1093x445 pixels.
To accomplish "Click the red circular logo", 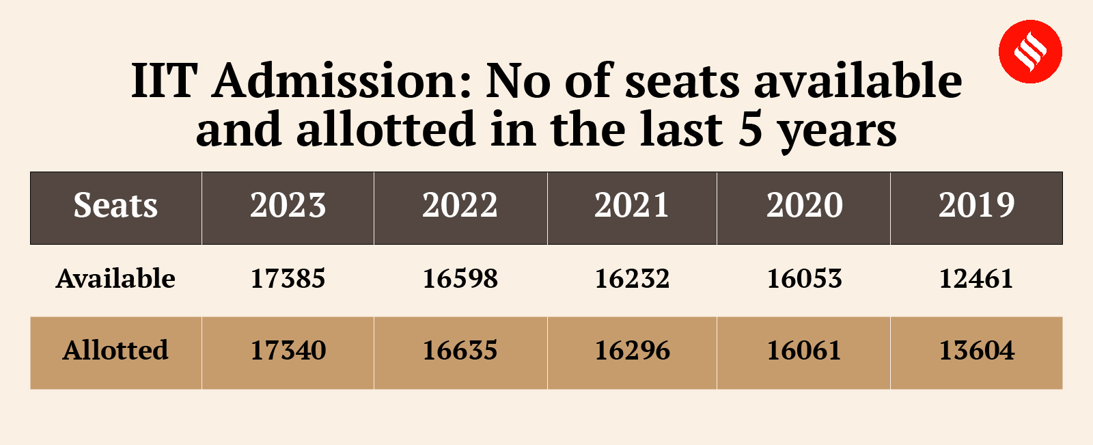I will pyautogui.click(x=1030, y=51).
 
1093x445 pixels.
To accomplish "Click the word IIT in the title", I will pyautogui.click(x=164, y=81).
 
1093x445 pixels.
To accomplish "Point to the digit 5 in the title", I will pyautogui.click(x=750, y=130).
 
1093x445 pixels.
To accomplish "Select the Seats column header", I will pyautogui.click(x=115, y=206).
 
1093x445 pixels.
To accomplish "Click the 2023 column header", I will pyautogui.click(x=288, y=206).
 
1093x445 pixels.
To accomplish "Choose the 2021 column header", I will pyautogui.click(x=632, y=206).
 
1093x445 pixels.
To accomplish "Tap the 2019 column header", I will pyautogui.click(x=976, y=206).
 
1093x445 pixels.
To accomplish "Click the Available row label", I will pyautogui.click(x=115, y=279).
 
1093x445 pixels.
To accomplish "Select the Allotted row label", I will pyautogui.click(x=115, y=351).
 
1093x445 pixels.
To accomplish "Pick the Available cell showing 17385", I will pyautogui.click(x=288, y=279).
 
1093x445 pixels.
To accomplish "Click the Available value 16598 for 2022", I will pyautogui.click(x=460, y=279).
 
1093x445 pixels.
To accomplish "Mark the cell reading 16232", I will pyautogui.click(x=632, y=279).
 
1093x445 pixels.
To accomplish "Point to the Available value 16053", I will pyautogui.click(x=804, y=279).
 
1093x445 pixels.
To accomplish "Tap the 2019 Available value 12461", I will pyautogui.click(x=976, y=279).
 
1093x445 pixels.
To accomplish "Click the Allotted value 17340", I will pyautogui.click(x=288, y=351).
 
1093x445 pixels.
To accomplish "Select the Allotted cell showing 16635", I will pyautogui.click(x=460, y=351).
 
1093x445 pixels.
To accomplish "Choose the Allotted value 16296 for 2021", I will pyautogui.click(x=632, y=351).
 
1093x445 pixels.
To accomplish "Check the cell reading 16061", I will pyautogui.click(x=804, y=351).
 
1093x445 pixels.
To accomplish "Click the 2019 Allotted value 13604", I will pyautogui.click(x=976, y=351).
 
